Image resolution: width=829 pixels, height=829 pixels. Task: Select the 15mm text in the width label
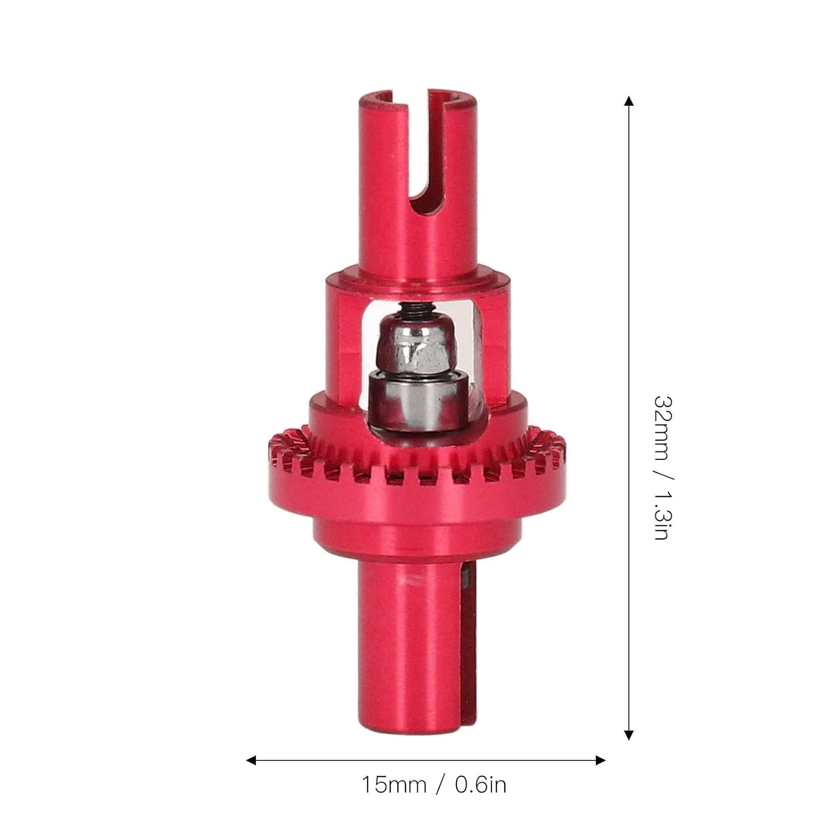394,785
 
